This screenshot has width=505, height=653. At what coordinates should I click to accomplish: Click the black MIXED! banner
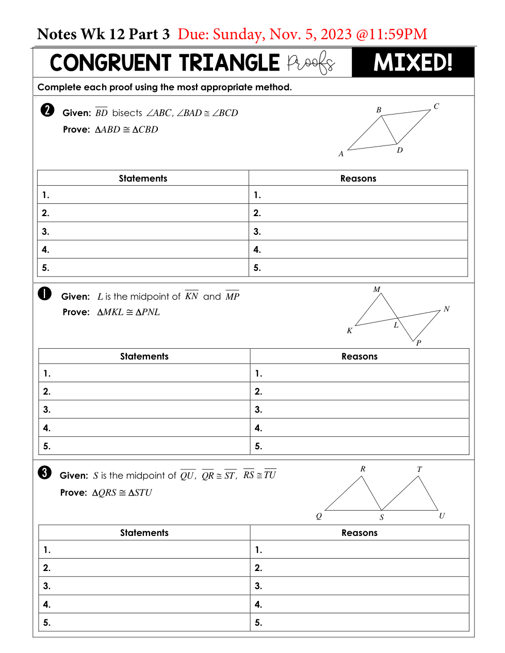coord(413,62)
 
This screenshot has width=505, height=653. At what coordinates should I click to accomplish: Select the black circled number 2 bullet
coord(47,110)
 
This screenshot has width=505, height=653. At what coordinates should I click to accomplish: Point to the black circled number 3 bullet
coord(45,472)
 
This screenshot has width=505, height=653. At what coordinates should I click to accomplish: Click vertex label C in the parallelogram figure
coord(436,106)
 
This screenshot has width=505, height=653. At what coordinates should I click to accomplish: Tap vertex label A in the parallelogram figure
coord(341,154)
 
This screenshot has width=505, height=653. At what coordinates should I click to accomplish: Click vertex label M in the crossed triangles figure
coord(377,289)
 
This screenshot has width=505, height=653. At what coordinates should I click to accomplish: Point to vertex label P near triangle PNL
coord(418,343)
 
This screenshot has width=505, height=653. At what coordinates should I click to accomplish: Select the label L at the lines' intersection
coord(396,325)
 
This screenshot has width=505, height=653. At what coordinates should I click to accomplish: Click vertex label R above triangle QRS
coord(363,469)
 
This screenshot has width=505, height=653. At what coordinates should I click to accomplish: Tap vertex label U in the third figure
coord(442,516)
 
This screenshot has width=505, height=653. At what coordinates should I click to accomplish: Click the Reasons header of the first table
coord(358,178)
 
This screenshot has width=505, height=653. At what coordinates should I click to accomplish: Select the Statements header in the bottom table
coord(144,533)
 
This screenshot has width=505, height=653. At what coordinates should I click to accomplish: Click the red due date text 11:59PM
coord(398,34)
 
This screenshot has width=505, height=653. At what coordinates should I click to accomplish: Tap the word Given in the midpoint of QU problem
coord(74,476)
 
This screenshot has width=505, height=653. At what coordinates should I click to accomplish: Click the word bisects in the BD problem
coord(127,113)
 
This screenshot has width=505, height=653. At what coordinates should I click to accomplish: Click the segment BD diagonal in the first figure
coord(389,130)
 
